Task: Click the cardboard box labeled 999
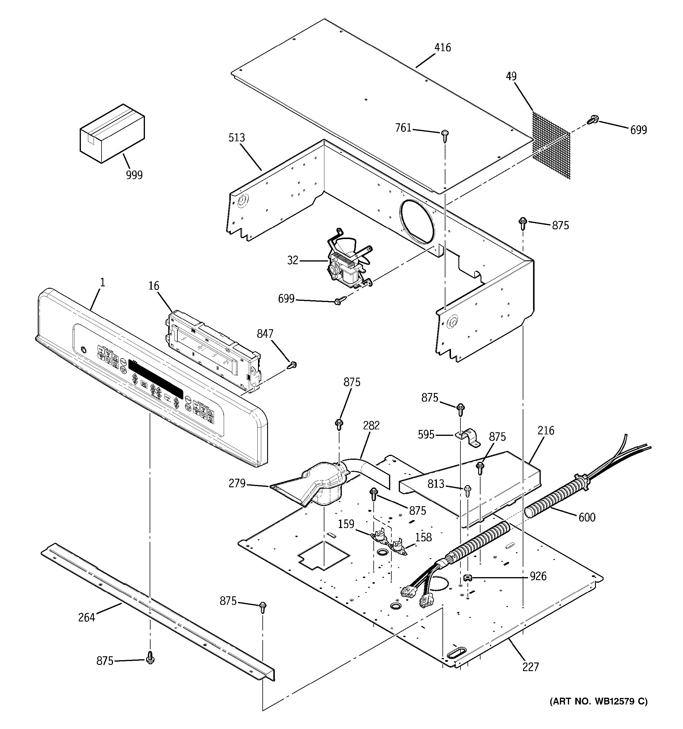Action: (112, 134)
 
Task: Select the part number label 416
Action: (442, 48)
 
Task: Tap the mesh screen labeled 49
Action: (551, 146)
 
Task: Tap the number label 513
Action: (237, 138)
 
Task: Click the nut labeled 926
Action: (467, 578)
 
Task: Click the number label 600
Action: (587, 517)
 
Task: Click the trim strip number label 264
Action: (86, 618)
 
